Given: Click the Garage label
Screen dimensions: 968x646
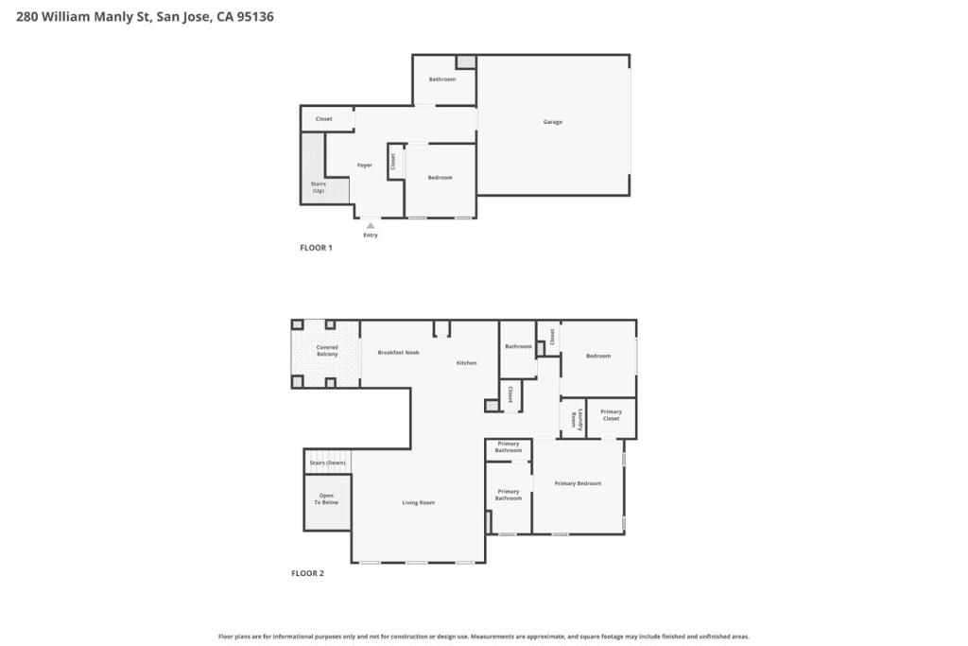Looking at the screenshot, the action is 552,122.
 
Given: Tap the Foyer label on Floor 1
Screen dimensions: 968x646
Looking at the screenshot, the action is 365,165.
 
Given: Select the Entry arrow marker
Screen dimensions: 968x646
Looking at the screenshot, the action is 371,226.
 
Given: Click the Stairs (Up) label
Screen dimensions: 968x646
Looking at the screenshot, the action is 318,187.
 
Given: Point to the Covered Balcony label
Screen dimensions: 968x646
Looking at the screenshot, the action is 327,351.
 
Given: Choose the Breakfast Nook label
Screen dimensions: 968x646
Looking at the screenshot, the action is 399,353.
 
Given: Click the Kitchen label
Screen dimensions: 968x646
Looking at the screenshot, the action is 467,363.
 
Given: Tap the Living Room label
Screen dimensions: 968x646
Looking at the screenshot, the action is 419,503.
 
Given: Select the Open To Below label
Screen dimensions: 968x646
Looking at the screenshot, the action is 326,499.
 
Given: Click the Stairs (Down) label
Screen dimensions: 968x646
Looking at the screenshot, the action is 328,463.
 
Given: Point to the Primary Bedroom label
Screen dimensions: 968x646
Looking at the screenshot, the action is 578,483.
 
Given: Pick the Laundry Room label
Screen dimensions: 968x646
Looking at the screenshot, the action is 578,419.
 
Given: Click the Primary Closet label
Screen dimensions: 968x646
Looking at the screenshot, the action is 612,415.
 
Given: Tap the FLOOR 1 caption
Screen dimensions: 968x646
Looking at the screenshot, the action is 316,248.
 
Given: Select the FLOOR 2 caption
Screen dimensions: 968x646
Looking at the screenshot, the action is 307,573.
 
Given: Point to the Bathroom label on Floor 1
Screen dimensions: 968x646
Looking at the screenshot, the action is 442,79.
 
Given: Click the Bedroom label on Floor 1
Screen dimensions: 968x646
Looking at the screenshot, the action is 441,178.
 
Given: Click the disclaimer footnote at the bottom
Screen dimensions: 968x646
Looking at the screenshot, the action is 484,637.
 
